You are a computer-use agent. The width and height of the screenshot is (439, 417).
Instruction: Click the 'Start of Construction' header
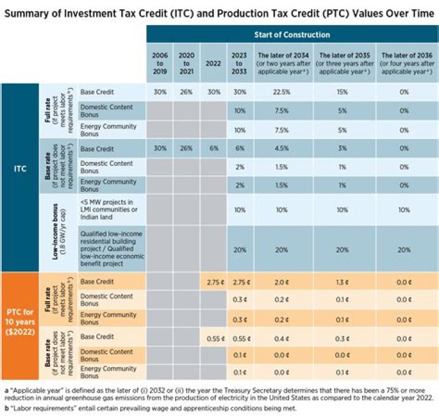[x=291, y=35]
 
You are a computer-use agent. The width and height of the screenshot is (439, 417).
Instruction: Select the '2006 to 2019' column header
[x=159, y=63]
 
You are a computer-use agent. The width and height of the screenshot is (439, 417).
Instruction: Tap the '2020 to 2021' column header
[x=187, y=63]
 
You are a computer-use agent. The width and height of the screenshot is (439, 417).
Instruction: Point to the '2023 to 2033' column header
[x=240, y=63]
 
